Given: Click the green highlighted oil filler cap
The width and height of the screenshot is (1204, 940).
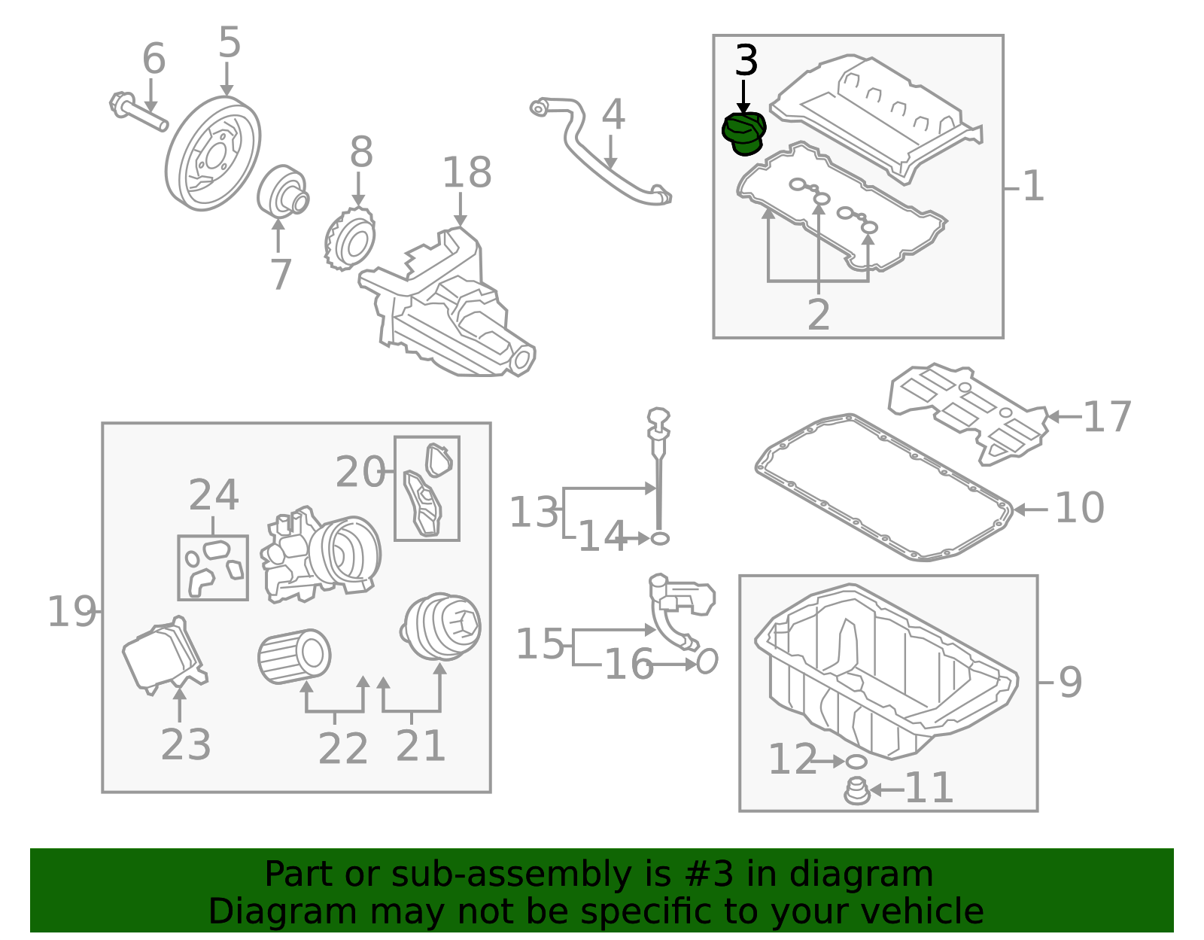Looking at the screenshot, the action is (743, 134).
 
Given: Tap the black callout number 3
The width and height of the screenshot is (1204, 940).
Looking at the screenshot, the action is (746, 61).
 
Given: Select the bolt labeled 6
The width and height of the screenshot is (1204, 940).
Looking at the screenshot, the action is (138, 112).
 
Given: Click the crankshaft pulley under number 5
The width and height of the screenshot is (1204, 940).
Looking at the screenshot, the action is (213, 154).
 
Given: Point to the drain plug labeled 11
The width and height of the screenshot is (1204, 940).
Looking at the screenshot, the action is (856, 791).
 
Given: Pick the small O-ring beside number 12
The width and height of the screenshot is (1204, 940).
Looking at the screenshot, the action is (856, 762).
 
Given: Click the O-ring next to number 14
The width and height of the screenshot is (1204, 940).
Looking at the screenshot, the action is (659, 538).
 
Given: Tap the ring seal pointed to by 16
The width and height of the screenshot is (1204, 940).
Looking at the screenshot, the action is (707, 661).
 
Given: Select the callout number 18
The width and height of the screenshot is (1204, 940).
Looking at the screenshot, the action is (467, 173).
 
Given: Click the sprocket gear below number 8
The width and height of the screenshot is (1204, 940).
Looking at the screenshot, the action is (350, 238).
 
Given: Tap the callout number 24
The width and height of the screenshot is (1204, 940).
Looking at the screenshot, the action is (214, 495).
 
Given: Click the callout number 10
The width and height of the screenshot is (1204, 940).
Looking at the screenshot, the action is (1079, 508).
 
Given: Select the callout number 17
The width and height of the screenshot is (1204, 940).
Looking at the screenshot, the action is (1106, 417).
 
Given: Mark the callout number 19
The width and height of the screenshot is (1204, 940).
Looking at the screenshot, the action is (72, 612).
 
